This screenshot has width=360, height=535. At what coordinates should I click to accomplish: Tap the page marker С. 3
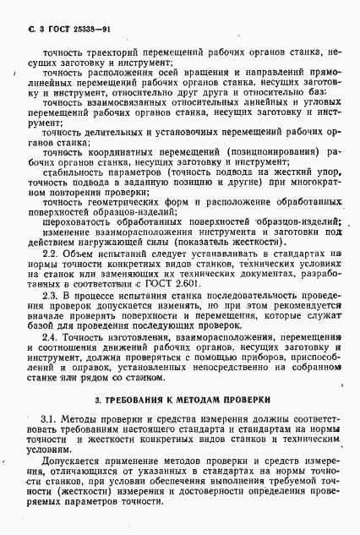tap(23, 30)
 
